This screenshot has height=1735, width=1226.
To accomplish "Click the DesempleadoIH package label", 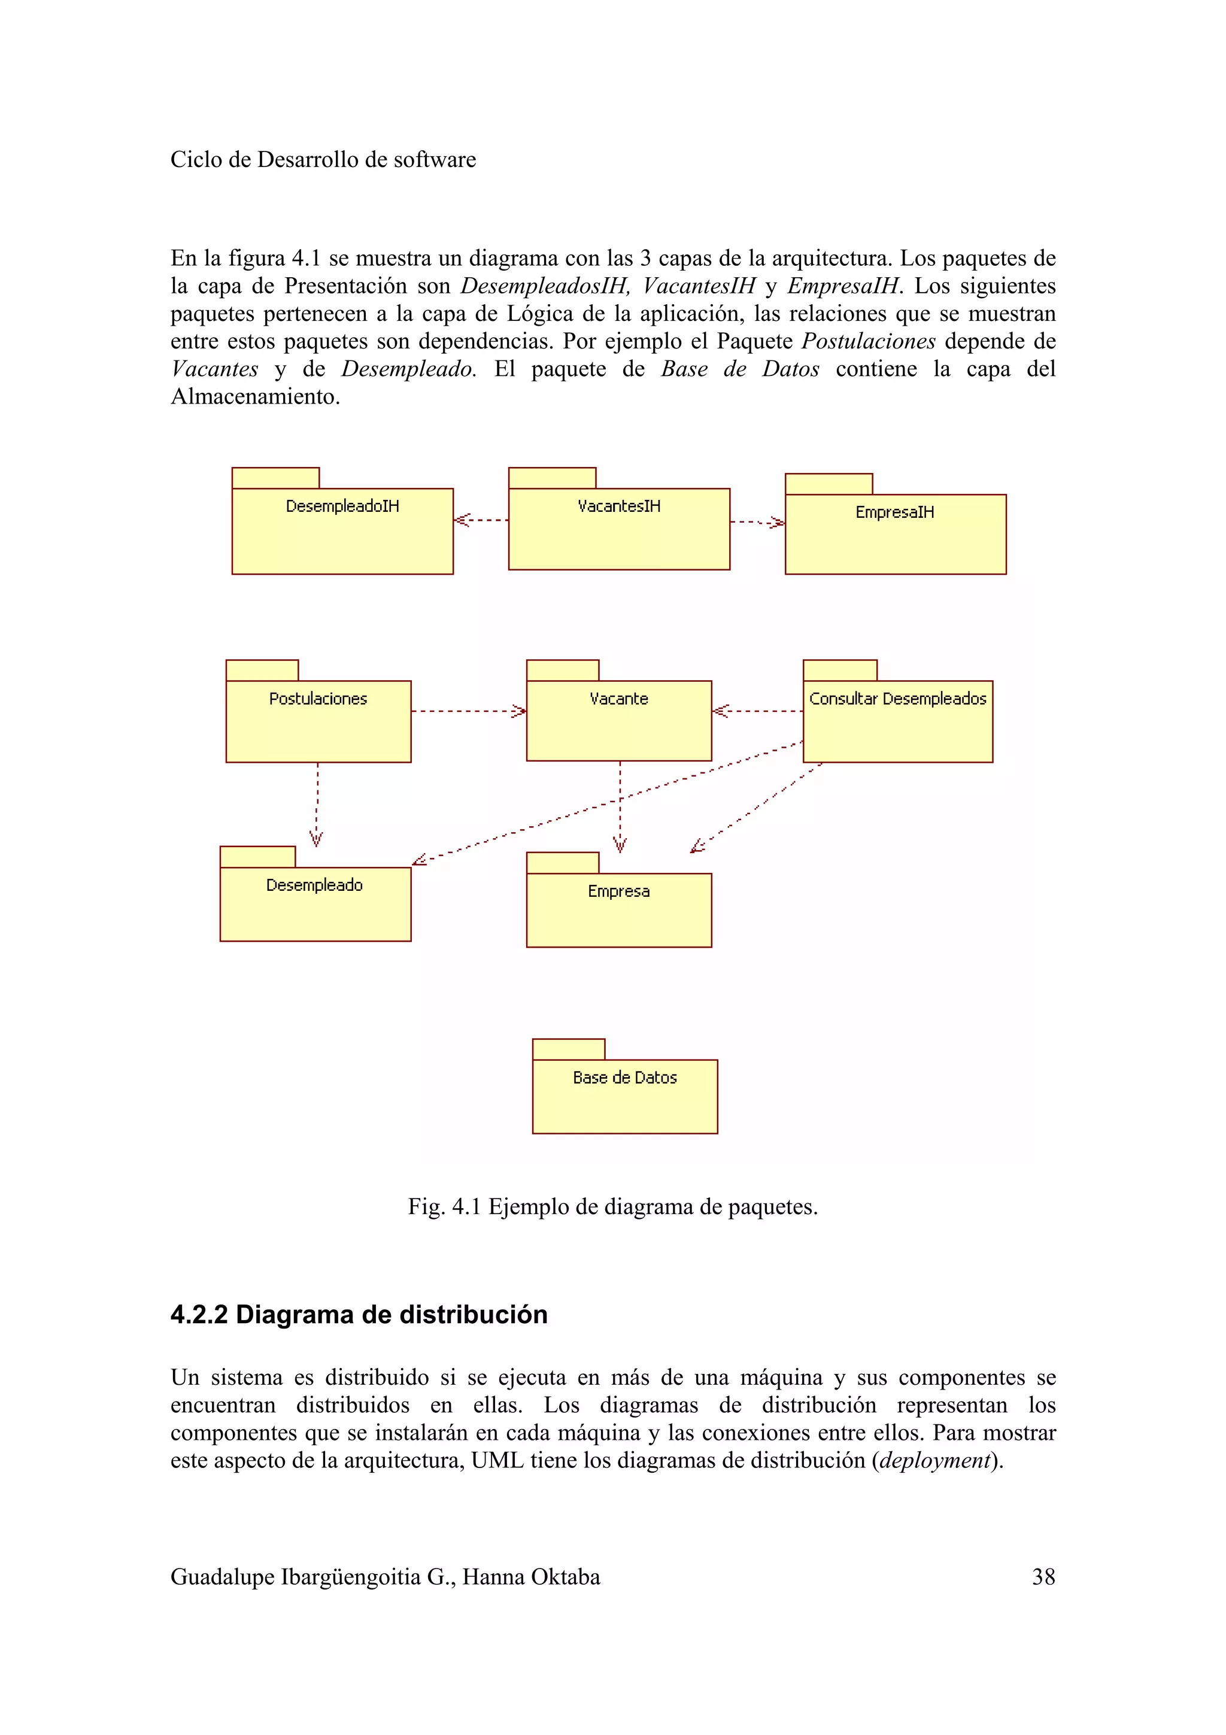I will click(x=342, y=506).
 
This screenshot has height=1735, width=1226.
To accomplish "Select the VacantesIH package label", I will click(x=618, y=506).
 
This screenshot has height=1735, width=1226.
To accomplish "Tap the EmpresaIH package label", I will click(x=894, y=512).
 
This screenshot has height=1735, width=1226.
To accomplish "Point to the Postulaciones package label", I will click(x=318, y=699).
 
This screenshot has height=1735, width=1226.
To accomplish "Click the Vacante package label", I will click(x=618, y=699).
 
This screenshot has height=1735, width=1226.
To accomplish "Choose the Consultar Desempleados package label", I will click(x=897, y=699).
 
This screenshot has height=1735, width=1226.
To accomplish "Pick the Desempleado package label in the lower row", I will click(x=314, y=885).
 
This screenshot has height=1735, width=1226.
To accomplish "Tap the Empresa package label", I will click(x=618, y=891).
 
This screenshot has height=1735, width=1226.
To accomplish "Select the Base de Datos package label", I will click(x=625, y=1078).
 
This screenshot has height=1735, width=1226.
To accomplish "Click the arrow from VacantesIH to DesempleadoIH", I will click(x=481, y=520).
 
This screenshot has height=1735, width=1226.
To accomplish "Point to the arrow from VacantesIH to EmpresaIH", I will click(x=757, y=521).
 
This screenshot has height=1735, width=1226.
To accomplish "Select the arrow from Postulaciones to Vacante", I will click(x=468, y=711).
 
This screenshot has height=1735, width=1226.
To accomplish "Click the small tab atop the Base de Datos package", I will click(x=568, y=1049).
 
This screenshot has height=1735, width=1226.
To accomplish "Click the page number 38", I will click(x=1043, y=1576).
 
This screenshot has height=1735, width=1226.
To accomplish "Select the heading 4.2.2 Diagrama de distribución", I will click(x=359, y=1314).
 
